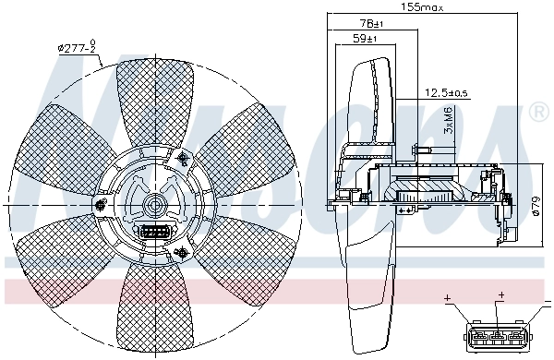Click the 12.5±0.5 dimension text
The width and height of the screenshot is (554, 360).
click(446, 92)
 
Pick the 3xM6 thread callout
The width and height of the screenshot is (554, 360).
click(448, 121)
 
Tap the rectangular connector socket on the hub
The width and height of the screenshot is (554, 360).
click(152, 232)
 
